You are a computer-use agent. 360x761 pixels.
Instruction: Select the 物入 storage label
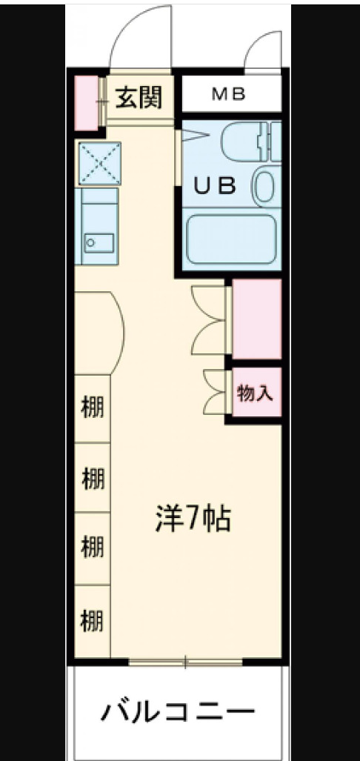255,393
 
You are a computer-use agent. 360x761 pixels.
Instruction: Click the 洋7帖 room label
193,519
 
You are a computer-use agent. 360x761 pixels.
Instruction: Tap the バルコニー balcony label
179,713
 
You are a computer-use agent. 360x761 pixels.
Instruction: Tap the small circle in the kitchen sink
91,242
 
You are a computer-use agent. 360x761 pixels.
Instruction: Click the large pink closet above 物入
257,319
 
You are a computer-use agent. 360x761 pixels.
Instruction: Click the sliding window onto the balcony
186,662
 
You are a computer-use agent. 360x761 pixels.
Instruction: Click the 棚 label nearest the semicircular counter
92,408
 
